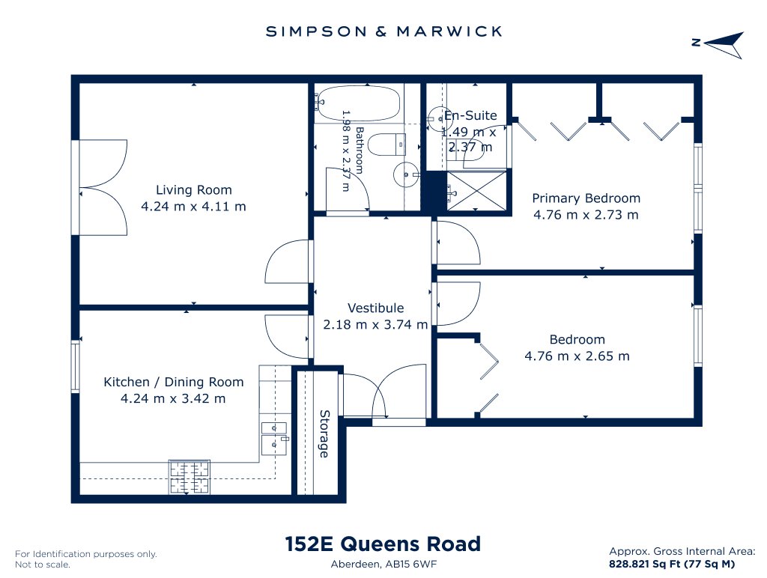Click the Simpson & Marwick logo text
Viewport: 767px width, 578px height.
(383, 31)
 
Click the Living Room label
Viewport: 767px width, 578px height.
(194, 189)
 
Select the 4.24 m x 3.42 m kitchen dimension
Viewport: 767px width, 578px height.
(173, 398)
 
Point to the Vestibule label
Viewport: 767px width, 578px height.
(376, 308)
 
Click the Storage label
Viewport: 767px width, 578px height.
(324, 433)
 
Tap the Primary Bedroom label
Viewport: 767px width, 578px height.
(586, 198)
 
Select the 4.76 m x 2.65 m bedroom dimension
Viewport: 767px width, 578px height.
(577, 356)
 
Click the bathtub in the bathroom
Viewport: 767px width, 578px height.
(357, 103)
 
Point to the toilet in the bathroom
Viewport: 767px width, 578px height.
(386, 144)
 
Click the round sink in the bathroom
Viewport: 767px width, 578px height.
(406, 174)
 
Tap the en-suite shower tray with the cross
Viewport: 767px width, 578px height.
(477, 191)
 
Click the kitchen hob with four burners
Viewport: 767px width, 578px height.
(190, 477)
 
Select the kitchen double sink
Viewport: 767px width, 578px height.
(274, 439)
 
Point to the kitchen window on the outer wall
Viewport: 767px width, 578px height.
(76, 367)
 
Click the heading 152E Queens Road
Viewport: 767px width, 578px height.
(383, 544)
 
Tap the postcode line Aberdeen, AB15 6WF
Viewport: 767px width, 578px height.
(383, 565)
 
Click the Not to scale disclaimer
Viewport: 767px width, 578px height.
(43, 565)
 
